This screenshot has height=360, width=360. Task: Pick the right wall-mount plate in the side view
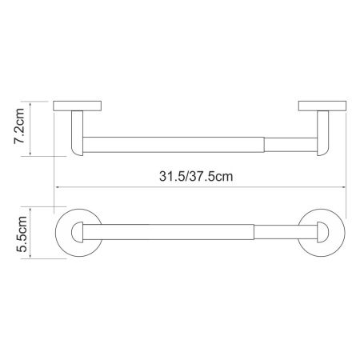pos(322,105)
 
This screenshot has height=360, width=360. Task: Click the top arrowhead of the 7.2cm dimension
pos(31,102)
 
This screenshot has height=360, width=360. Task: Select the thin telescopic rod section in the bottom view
pos(280,233)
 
